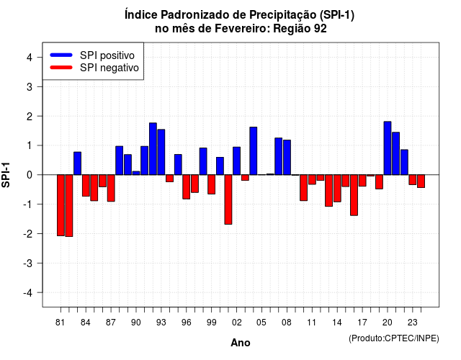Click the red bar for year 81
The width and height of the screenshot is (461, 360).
pyautogui.click(x=61, y=205)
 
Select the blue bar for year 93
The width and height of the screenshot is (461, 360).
pyautogui.click(x=161, y=152)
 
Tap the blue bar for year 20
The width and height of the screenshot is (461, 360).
pyautogui.click(x=388, y=148)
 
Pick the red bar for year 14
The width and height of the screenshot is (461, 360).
pyautogui.click(x=337, y=189)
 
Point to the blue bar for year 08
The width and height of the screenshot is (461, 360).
pyautogui.click(x=287, y=157)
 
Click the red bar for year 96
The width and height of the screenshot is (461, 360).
pyautogui.click(x=186, y=187)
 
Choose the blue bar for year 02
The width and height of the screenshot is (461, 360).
pyautogui.click(x=237, y=161)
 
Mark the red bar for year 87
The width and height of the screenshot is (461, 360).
pyautogui.click(x=111, y=188)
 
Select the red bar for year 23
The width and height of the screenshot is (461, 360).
pyautogui.click(x=413, y=179)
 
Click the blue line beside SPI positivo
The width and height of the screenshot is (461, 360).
pyautogui.click(x=61, y=55)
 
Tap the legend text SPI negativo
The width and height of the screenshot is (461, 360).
pyautogui.click(x=109, y=68)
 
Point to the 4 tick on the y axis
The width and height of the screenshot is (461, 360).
pyautogui.click(x=40, y=57)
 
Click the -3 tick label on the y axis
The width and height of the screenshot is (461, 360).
pyautogui.click(x=27, y=263)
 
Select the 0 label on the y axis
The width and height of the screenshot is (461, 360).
pyautogui.click(x=30, y=175)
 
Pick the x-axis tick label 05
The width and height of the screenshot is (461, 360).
pyautogui.click(x=261, y=323)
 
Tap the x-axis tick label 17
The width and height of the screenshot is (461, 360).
pyautogui.click(x=362, y=323)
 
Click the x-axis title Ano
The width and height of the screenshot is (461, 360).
pyautogui.click(x=241, y=343)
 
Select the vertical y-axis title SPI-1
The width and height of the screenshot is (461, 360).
pyautogui.click(x=6, y=175)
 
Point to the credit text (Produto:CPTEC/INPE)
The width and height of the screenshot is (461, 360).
pyautogui.click(x=394, y=338)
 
